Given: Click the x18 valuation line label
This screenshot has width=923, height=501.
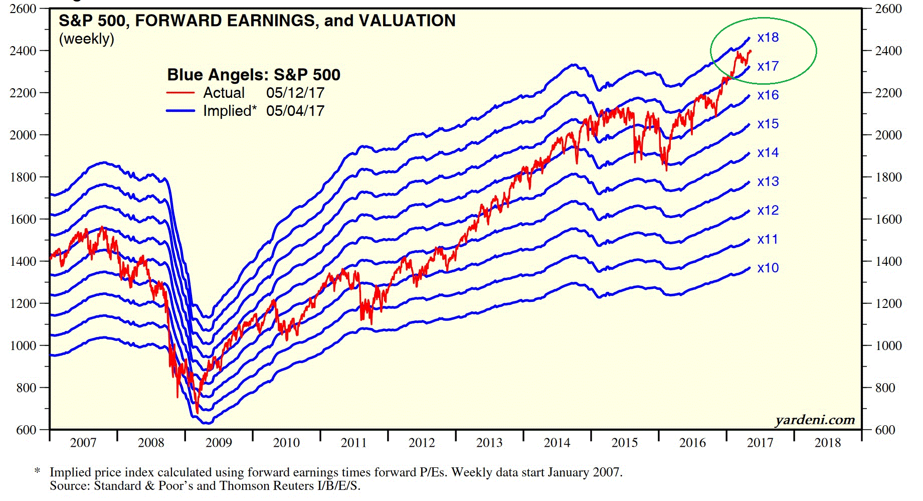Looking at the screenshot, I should [768, 38].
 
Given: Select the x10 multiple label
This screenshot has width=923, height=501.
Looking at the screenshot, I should [768, 268].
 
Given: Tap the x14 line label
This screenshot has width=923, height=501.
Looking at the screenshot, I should [768, 153].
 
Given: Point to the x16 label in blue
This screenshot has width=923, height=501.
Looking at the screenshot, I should [768, 95].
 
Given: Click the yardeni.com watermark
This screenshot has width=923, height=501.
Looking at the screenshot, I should [815, 420].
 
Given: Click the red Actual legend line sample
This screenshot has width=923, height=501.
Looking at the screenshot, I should [180, 93].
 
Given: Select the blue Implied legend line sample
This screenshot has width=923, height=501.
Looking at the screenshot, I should [180, 111].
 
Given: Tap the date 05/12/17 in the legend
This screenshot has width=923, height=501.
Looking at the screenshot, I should [295, 93].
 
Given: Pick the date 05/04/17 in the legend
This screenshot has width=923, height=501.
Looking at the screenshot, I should [295, 111].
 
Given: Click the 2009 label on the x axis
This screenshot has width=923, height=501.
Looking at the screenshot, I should [219, 443].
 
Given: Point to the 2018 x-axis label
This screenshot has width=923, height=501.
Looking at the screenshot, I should [828, 443].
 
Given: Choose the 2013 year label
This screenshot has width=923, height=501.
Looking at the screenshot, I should [489, 443].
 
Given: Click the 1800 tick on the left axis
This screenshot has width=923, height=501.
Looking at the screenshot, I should [23, 177].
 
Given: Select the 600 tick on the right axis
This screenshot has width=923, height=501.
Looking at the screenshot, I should [885, 430].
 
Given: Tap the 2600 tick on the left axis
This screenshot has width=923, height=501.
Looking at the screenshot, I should [23, 9].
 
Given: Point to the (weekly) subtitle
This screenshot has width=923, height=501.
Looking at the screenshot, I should [86, 39].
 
